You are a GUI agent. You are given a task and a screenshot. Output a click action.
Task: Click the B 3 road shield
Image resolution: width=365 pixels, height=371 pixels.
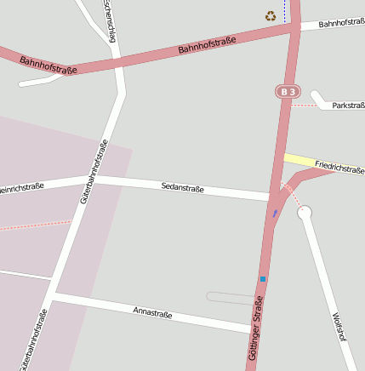[288, 91]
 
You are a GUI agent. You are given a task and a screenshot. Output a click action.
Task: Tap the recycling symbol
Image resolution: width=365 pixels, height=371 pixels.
[271, 15]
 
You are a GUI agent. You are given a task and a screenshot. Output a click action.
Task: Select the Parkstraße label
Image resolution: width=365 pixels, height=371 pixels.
[348, 106]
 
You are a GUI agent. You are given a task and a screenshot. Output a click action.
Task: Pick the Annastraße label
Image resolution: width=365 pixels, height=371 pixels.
[152, 313]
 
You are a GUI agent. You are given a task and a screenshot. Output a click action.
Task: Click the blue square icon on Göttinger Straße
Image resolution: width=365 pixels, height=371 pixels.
[263, 279]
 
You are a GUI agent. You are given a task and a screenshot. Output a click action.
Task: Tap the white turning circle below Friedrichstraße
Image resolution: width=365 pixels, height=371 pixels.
[305, 212]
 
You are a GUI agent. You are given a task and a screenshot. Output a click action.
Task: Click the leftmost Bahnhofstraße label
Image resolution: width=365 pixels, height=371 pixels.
[48, 65]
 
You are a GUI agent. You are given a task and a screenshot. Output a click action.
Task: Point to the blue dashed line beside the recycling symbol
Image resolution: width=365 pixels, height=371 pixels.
[285, 12]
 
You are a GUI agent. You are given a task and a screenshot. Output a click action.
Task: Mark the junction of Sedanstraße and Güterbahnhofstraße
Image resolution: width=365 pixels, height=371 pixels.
[88, 180]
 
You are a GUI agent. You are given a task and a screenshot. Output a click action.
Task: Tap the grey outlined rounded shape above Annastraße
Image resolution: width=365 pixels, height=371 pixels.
[230, 297]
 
